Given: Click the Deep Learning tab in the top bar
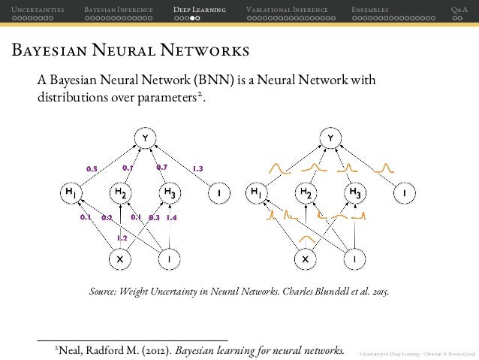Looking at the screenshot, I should click(x=199, y=9).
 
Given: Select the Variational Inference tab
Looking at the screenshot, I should click(x=287, y=9).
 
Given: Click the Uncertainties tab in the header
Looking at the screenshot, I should click(x=32, y=9).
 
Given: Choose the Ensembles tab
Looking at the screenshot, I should click(x=370, y=9).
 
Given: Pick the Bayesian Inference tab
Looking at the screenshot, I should click(x=119, y=9).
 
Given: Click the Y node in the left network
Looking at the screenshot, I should click(x=144, y=138).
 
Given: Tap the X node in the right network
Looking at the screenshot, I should click(x=305, y=259).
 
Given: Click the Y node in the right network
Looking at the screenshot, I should click(x=330, y=138).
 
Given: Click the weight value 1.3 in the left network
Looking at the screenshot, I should click(x=199, y=168).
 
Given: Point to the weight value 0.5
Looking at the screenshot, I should click(x=92, y=168).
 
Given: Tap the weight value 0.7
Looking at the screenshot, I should click(x=161, y=167).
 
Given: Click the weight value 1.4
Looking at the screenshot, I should click(x=171, y=218).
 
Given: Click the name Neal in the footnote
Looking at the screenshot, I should click(x=73, y=349).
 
